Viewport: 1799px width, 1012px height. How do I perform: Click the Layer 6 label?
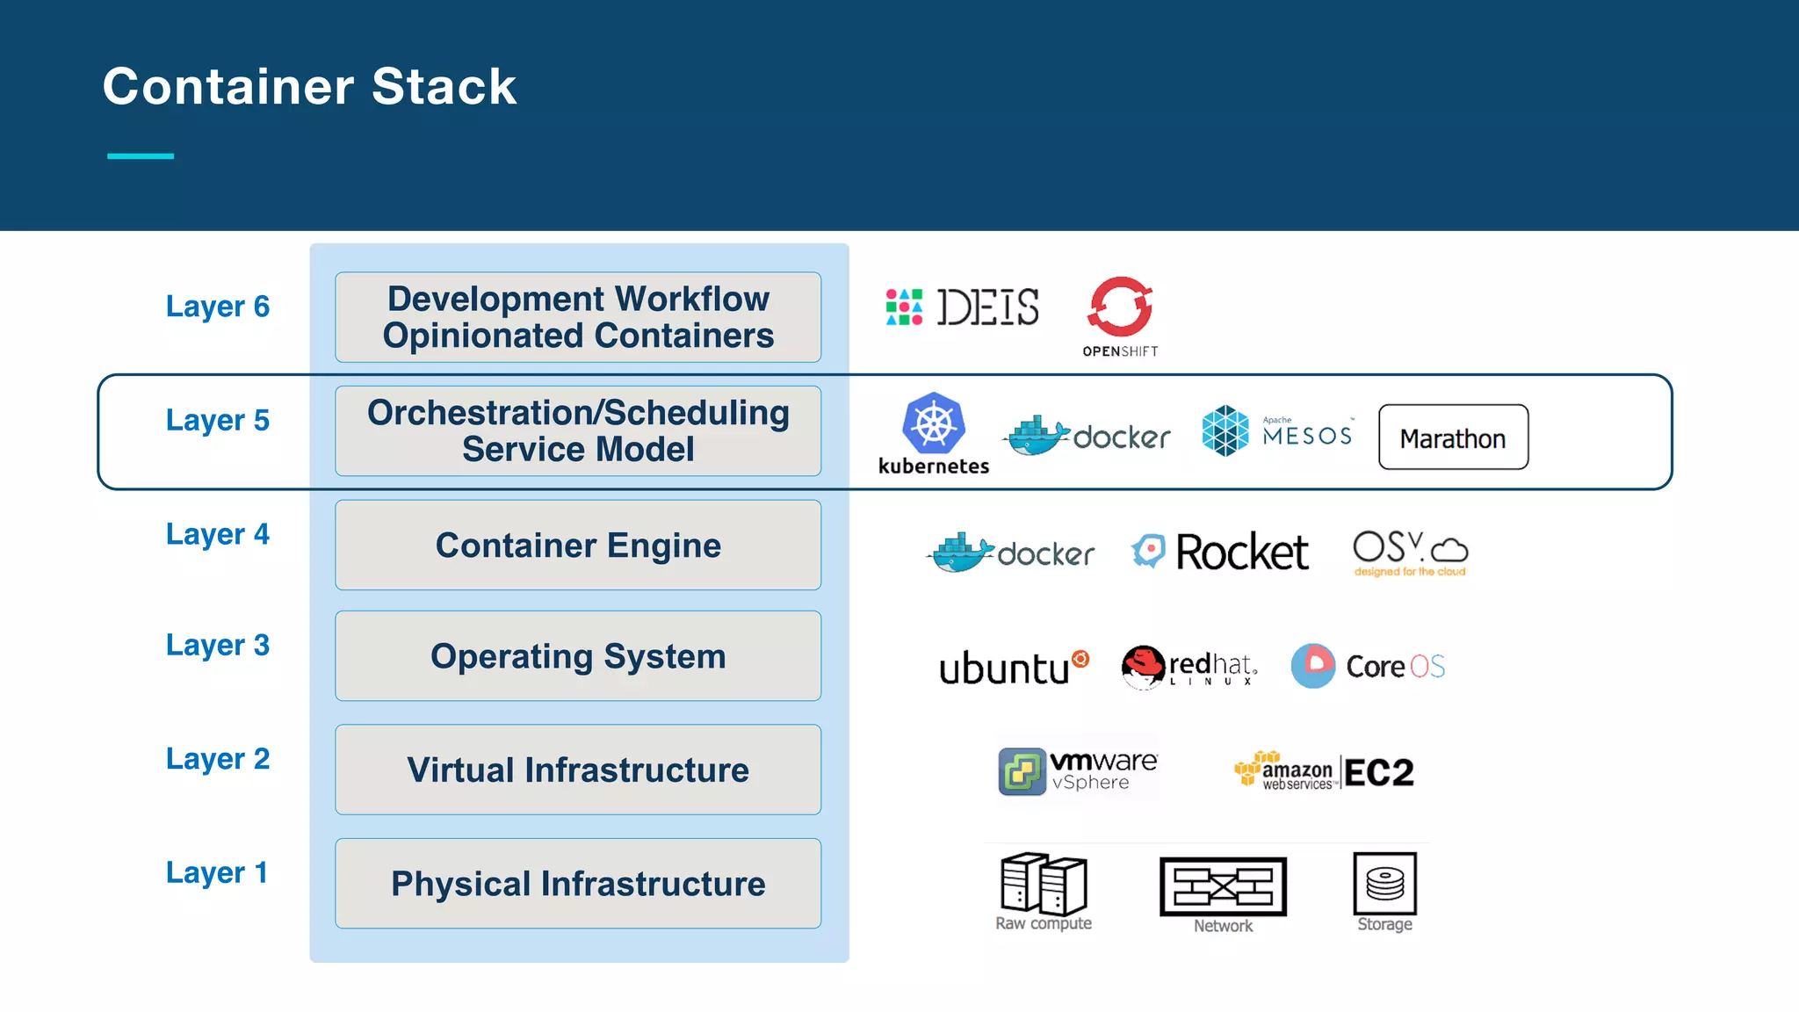[x=217, y=307]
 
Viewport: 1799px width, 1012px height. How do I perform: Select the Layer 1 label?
[x=216, y=872]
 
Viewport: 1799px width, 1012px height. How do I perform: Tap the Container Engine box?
[x=578, y=546]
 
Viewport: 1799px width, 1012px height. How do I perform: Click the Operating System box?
[x=578, y=656]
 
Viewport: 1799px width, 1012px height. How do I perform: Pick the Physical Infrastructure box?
[x=578, y=884]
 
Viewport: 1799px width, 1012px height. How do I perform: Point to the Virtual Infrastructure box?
[x=578, y=770]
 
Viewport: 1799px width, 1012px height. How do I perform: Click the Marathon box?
[x=1453, y=437]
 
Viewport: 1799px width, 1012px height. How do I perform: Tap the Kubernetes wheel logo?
[x=934, y=423]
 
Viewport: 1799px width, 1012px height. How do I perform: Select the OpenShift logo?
[x=1120, y=308]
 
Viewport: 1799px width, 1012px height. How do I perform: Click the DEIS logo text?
[x=987, y=307]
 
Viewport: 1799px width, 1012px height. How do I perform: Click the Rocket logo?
[x=1220, y=552]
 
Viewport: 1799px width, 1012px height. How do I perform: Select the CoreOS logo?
[x=1368, y=666]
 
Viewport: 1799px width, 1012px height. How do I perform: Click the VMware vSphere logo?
[x=1078, y=771]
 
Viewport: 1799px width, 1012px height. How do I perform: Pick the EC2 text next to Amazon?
[x=1378, y=773]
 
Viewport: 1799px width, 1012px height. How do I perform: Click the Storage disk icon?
[x=1384, y=884]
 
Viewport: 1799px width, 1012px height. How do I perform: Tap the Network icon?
[x=1223, y=886]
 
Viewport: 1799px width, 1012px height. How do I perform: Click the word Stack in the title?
[x=444, y=86]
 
